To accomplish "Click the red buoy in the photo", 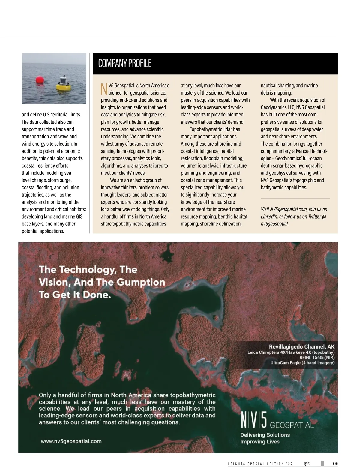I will click(40, 80).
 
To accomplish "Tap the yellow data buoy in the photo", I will click(64, 84).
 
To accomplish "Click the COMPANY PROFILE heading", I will click(125, 64).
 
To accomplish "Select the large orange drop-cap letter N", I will click(104, 89).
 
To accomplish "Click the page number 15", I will click(335, 464).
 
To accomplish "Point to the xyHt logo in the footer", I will click(306, 463).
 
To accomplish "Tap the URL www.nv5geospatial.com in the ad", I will click(71, 441).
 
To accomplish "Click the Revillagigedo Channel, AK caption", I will click(301, 347).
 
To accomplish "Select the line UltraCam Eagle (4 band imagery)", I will click(302, 363).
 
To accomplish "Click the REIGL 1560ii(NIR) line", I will click(317, 357).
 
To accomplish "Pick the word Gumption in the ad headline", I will click(141, 282).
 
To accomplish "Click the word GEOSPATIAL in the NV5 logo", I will click(292, 425).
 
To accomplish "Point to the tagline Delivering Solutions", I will click(265, 435).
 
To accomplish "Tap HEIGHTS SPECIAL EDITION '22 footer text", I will click(260, 464).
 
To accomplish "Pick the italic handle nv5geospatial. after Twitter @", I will click(274, 224).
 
